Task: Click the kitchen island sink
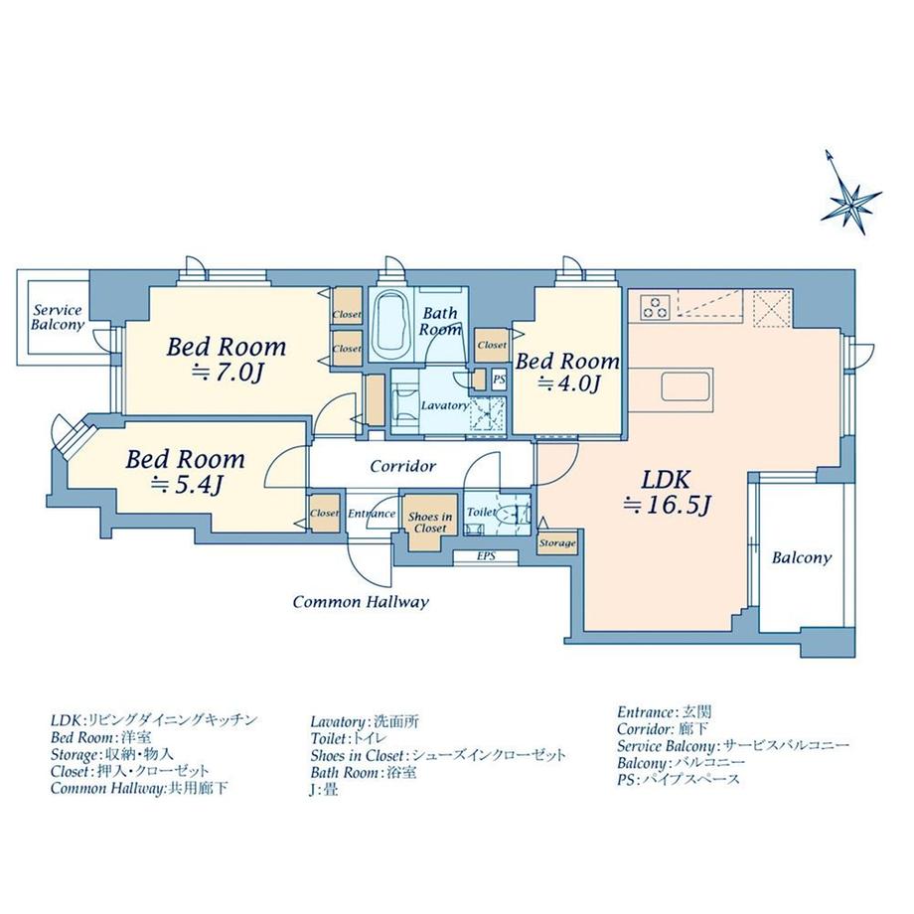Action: coord(685,385)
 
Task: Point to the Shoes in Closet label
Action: coord(430,523)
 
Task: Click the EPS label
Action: coord(486,556)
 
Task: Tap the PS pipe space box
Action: coord(499,380)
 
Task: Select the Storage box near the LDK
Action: coord(557,542)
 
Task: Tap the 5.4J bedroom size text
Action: coord(185,485)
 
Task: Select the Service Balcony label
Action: coord(58,317)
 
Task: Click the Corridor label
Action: coord(402,466)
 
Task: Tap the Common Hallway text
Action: coord(361,602)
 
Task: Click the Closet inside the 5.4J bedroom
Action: coord(324,513)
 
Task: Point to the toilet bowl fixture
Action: coord(509,513)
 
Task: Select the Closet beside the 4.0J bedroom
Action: coord(492,345)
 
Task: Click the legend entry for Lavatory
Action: coord(365,722)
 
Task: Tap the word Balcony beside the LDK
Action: coord(802,558)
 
